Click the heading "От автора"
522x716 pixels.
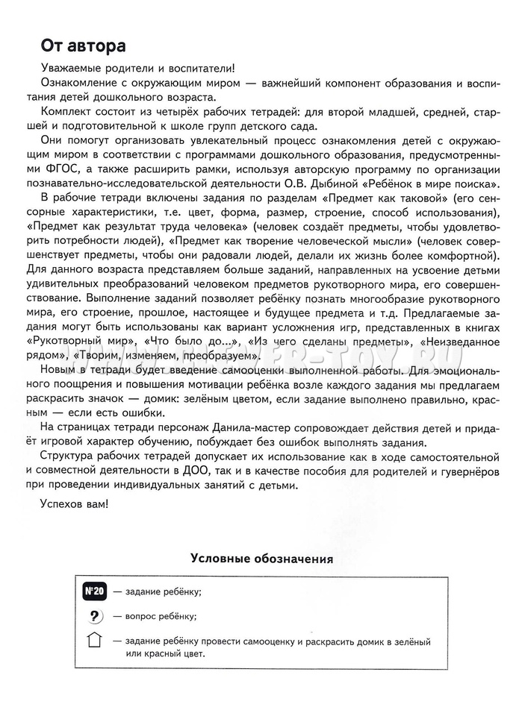83,47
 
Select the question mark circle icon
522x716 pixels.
94,616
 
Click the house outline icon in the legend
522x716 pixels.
94,641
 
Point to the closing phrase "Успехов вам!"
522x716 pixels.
73,503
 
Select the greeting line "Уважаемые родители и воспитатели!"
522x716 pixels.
138,68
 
